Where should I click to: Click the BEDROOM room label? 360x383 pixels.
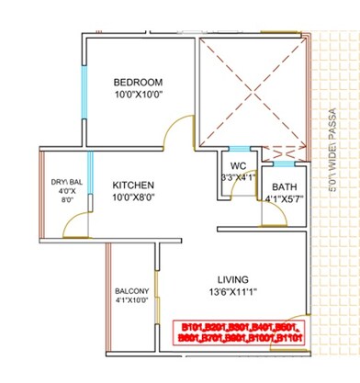click(138, 81)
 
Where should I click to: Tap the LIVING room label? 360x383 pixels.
click(235, 278)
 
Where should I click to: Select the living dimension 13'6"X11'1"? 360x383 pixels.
click(235, 293)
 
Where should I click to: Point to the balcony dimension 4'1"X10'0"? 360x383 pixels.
click(132, 299)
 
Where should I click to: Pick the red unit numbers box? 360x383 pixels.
click(245, 332)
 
